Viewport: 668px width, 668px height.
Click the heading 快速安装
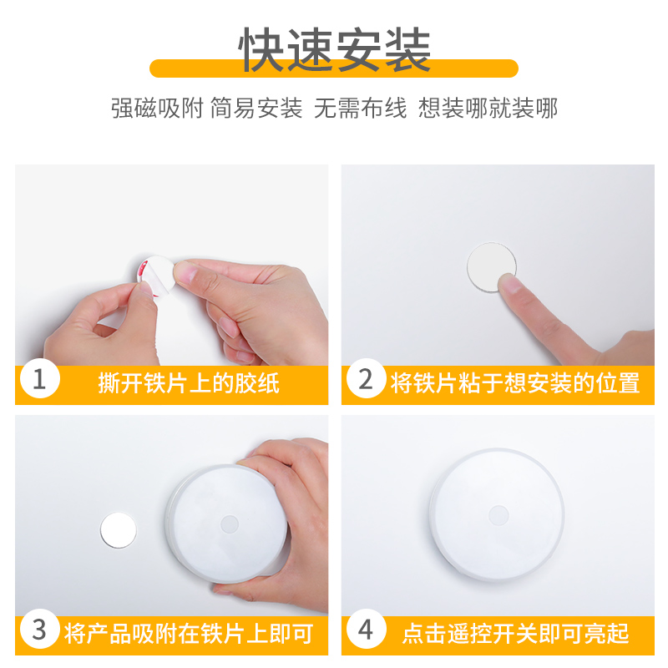click(335, 50)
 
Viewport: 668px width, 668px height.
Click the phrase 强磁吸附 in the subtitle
click(157, 108)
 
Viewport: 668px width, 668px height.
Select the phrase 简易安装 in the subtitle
click(256, 108)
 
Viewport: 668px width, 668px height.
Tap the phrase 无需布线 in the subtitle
click(361, 108)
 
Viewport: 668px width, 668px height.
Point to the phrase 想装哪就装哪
click(488, 108)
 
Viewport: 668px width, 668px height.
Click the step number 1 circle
click(39, 379)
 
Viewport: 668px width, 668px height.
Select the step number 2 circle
click(367, 379)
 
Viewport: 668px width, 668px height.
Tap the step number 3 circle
click(39, 630)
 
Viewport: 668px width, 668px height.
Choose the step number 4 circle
click(367, 630)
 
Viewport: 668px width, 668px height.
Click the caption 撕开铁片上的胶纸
click(189, 383)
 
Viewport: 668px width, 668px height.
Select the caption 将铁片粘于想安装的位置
click(515, 383)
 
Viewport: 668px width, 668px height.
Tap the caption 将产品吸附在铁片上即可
click(189, 634)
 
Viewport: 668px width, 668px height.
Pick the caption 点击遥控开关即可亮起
click(515, 634)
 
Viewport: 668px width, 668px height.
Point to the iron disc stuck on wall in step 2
click(491, 266)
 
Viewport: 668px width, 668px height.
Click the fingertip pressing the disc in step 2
click(511, 286)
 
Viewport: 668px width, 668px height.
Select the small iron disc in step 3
click(119, 530)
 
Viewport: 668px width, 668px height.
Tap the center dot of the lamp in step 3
click(230, 524)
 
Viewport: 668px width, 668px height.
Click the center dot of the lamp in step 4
click(498, 515)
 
